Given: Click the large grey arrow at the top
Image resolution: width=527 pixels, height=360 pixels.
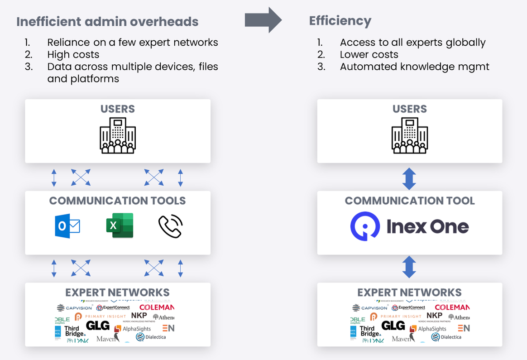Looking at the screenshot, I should click(263, 20).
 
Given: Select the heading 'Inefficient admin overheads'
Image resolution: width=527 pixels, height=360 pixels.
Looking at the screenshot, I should click(107, 21).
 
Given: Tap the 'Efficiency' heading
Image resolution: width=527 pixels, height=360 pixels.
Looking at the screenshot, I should click(340, 21).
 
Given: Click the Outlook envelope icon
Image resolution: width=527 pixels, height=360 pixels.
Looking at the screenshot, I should click(67, 226).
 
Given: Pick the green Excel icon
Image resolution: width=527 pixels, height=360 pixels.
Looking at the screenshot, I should click(120, 225).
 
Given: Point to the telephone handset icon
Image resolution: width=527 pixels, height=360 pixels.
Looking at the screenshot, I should click(170, 226).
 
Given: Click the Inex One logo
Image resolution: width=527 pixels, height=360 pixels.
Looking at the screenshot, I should click(409, 226).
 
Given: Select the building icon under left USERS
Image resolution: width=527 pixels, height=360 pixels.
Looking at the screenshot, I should click(118, 135).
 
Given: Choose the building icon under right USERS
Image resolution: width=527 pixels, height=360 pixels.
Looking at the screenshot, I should click(410, 135).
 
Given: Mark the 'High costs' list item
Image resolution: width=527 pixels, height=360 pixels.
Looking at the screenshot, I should click(73, 55).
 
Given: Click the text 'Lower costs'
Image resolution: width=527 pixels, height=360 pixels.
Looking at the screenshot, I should click(369, 55).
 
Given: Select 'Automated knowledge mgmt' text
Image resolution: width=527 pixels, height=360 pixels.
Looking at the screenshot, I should click(414, 67).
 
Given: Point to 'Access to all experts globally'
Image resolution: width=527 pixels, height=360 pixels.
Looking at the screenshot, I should click(412, 43).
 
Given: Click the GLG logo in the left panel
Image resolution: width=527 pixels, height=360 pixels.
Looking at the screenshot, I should click(98, 326).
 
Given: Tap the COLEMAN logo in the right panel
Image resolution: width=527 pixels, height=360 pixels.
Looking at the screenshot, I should click(452, 307).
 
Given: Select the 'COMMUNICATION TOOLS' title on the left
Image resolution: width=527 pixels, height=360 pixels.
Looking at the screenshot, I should click(117, 201).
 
